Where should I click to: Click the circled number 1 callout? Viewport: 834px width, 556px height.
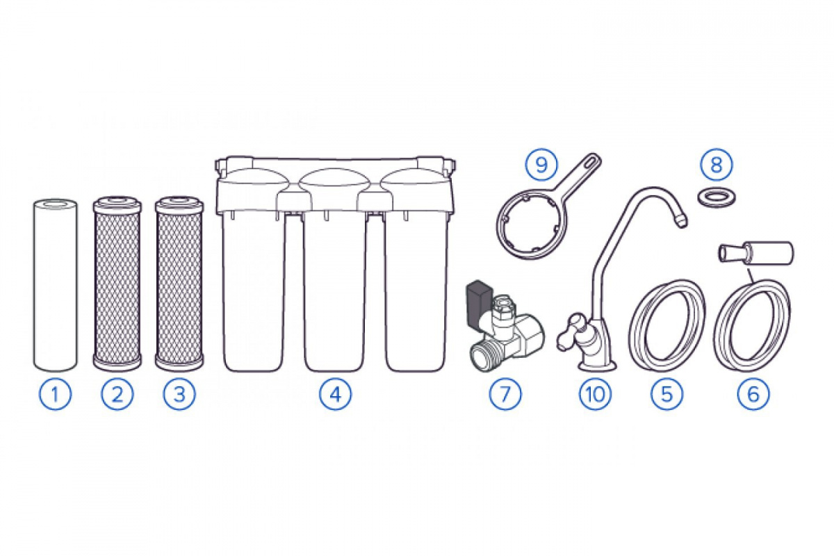click(x=55, y=394)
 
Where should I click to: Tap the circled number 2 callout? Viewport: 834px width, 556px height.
click(x=117, y=394)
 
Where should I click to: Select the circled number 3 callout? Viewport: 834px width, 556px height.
click(x=179, y=394)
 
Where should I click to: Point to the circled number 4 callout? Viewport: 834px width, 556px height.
click(x=335, y=394)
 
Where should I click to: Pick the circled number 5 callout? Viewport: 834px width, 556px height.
click(x=667, y=394)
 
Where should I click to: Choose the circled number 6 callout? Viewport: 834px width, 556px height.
click(x=753, y=394)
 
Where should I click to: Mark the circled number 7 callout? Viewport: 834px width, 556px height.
click(x=505, y=394)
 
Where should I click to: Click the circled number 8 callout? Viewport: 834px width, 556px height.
click(x=717, y=165)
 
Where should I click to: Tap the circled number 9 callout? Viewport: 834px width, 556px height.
click(x=541, y=165)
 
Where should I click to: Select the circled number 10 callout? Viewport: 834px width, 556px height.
click(x=596, y=394)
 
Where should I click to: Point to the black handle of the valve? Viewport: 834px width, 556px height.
click(x=477, y=300)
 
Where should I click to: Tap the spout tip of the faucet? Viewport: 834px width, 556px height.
click(x=680, y=221)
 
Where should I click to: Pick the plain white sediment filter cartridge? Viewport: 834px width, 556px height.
click(x=56, y=286)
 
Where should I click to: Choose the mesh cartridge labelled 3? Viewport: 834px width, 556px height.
click(x=180, y=286)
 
